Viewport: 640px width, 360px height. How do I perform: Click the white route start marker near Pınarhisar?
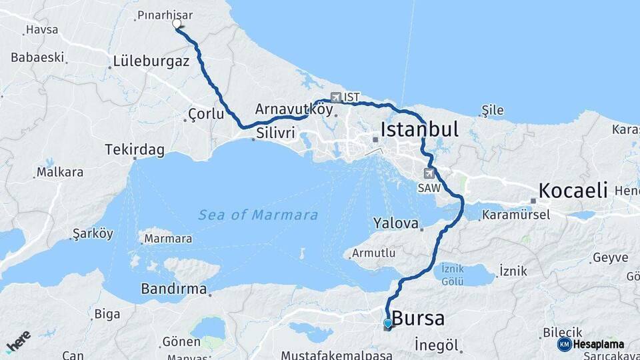pyautogui.click(x=177, y=24)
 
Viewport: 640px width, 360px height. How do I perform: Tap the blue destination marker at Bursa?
pyautogui.click(x=388, y=324)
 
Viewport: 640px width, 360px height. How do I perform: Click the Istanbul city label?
pyautogui.click(x=419, y=129)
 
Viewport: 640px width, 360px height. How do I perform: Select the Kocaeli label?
pyautogui.click(x=573, y=190)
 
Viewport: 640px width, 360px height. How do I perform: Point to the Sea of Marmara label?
pyautogui.click(x=258, y=215)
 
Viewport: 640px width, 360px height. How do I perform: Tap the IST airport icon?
pyautogui.click(x=335, y=97)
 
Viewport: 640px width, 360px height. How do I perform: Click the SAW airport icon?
pyautogui.click(x=428, y=173)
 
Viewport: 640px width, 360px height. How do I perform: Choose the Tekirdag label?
pyautogui.click(x=134, y=150)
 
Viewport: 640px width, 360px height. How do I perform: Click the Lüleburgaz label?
pyautogui.click(x=151, y=61)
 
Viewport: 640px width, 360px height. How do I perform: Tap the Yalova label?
pyautogui.click(x=395, y=223)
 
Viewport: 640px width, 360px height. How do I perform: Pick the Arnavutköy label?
pyautogui.click(x=293, y=109)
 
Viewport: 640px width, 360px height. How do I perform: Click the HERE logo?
pyautogui.click(x=19, y=341)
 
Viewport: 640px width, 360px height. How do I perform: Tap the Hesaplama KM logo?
pyautogui.click(x=591, y=344)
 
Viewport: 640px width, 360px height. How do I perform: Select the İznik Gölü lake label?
pyautogui.click(x=453, y=276)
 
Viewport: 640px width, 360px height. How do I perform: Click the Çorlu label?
pyautogui.click(x=206, y=114)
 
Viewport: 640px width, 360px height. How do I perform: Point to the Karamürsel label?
pyautogui.click(x=516, y=215)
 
